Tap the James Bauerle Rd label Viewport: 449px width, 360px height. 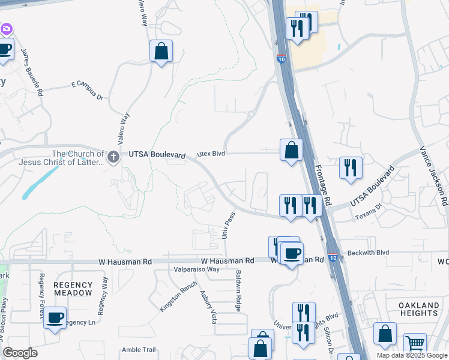pos(32,72)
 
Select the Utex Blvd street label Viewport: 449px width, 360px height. pos(211,154)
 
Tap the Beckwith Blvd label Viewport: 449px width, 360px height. pos(366,253)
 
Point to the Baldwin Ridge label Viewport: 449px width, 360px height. pos(238,290)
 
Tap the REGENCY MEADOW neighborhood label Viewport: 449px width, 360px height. pos(73,289)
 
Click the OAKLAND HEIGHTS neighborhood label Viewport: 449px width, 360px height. pos(418,310)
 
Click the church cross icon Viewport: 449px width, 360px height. pos(112,158)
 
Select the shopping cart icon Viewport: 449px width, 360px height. pos(415,344)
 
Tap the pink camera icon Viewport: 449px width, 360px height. pos(7,28)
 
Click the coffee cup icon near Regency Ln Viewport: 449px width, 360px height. pos(55,317)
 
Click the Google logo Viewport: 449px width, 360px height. pos(20,352)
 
